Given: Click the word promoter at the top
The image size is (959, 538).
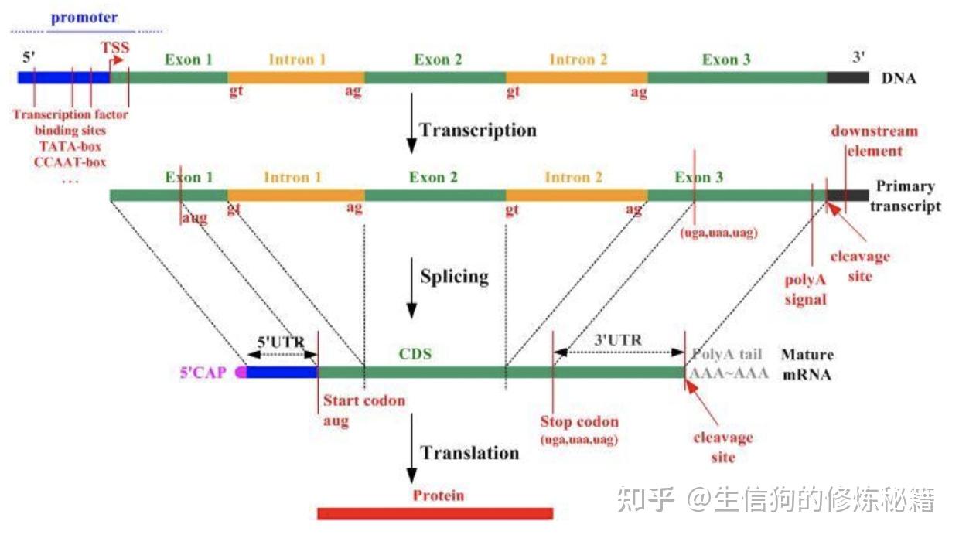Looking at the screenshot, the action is (84, 18).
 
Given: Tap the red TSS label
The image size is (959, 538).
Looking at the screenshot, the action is (115, 47).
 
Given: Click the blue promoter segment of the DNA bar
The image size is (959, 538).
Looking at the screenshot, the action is (63, 77).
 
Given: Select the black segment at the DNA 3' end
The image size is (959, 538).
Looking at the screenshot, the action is (848, 77).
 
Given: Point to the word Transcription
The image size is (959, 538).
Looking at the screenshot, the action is (478, 130).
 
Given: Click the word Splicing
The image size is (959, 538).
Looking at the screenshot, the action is (454, 277).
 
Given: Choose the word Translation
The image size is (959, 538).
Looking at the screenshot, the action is (469, 453).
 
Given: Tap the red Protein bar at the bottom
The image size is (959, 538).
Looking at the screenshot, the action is (435, 513).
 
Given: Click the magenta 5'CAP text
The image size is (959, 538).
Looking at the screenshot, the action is (203, 373).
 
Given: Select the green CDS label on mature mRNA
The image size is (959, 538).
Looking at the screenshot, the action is (415, 354).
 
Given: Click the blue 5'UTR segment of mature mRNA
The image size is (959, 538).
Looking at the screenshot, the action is (282, 373).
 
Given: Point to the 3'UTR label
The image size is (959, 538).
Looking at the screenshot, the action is (618, 340).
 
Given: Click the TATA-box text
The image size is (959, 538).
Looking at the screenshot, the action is (70, 146).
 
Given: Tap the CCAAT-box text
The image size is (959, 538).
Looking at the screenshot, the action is (70, 162).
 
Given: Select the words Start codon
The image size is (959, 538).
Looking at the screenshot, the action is (364, 400).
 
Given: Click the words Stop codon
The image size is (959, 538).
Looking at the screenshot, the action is (579, 421).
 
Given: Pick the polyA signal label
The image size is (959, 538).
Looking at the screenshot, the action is (805, 290).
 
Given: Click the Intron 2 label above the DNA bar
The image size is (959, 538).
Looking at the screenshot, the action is (578, 60).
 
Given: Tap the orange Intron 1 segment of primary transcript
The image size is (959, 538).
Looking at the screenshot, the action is (296, 196).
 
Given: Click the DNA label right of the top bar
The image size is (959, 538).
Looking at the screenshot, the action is (899, 78).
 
